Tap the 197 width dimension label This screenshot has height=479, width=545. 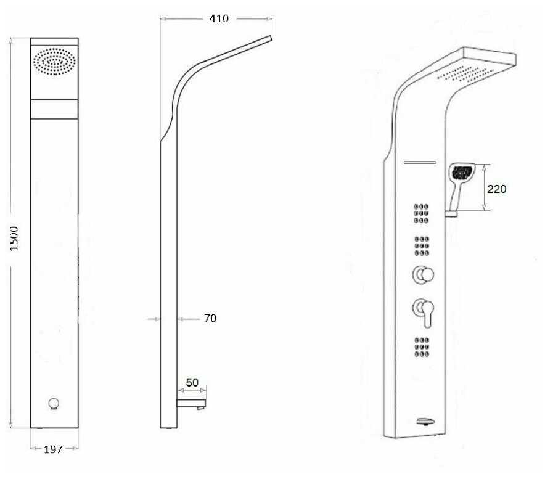tap(54, 449)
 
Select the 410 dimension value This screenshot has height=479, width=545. tap(218, 18)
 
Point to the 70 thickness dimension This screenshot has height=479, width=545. tap(210, 319)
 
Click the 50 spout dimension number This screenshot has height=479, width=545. tap(192, 382)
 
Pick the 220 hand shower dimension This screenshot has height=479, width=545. tap(496, 189)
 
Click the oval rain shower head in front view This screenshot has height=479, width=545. tap(54, 62)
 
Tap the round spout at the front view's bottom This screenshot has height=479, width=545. tap(54, 404)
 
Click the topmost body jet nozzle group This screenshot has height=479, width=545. tap(422, 213)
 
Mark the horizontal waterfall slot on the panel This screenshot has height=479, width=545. tap(419, 163)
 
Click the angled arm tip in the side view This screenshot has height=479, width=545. tap(269, 38)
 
